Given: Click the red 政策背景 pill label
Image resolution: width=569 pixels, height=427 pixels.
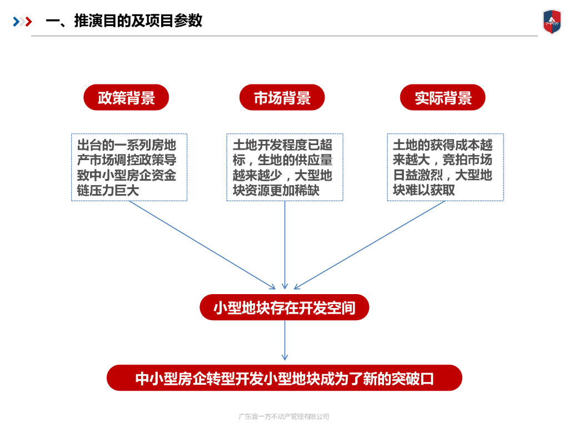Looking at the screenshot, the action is (126, 98).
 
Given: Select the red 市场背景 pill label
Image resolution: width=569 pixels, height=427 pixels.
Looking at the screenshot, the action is (282, 98).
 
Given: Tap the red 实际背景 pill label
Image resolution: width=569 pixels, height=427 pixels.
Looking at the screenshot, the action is (442, 98).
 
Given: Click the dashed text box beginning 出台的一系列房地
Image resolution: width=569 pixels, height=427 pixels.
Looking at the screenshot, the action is (129, 167).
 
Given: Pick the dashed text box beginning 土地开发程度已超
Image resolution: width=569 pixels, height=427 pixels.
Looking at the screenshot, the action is (284, 167).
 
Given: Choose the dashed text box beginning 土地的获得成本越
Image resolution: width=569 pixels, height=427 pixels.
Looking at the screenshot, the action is (445, 167).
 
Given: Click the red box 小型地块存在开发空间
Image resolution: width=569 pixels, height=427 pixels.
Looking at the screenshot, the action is (284, 307).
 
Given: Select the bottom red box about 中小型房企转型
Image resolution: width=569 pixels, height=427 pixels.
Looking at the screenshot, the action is (284, 378).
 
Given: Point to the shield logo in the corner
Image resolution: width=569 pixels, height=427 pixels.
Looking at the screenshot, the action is (552, 22).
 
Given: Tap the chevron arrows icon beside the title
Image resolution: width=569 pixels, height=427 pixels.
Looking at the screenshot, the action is (22, 22).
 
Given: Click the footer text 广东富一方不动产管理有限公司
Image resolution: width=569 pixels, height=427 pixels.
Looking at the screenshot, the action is (284, 416).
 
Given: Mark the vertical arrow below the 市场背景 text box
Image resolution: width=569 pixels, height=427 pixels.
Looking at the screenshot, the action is (284, 245).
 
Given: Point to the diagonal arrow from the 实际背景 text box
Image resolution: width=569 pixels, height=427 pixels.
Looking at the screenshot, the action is (370, 245).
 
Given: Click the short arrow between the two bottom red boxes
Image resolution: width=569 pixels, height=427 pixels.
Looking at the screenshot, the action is (284, 340).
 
